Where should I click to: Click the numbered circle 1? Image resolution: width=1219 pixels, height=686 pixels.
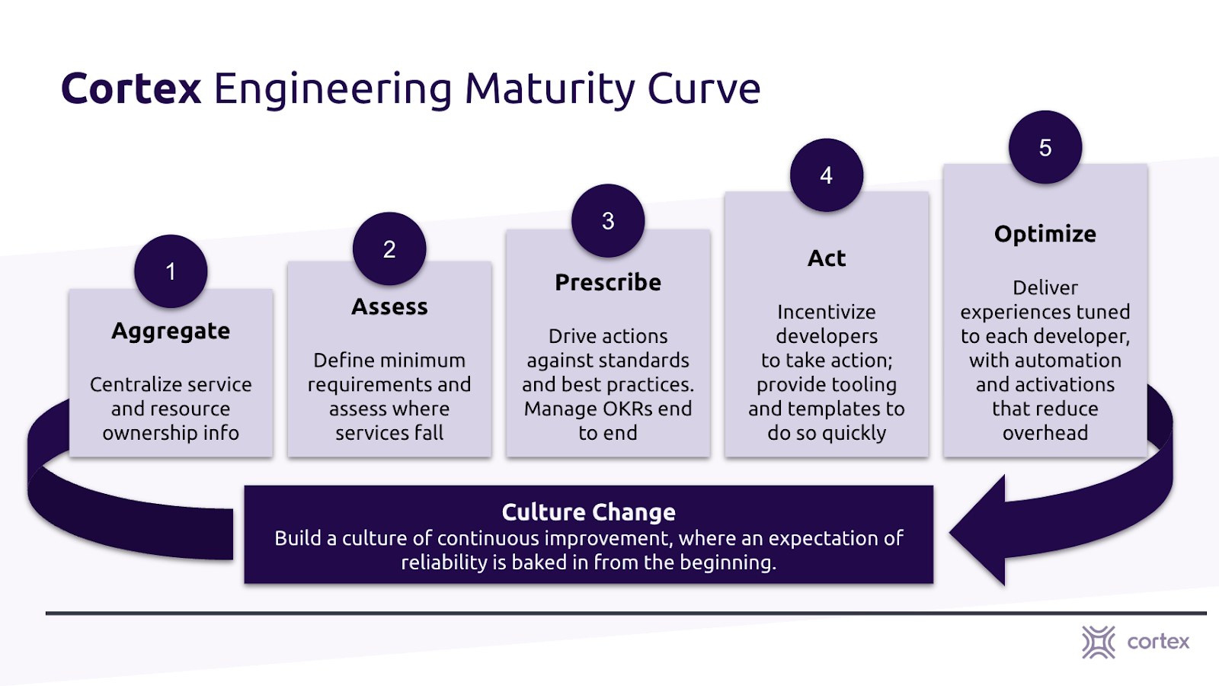pyautogui.click(x=171, y=271)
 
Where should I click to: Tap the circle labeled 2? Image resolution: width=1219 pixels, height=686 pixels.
pyautogui.click(x=389, y=248)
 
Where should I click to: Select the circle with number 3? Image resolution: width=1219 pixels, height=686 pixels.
pyautogui.click(x=608, y=220)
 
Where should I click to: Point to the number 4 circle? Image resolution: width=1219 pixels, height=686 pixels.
pyautogui.click(x=827, y=175)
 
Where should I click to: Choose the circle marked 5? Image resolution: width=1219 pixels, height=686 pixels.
pyautogui.click(x=1045, y=147)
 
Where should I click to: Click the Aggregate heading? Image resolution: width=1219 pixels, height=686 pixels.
pyautogui.click(x=171, y=331)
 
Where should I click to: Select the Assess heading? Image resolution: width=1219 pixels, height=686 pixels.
pyautogui.click(x=389, y=306)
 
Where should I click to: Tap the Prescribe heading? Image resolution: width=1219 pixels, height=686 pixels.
pyautogui.click(x=608, y=282)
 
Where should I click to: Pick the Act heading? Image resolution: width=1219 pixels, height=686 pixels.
pyautogui.click(x=827, y=258)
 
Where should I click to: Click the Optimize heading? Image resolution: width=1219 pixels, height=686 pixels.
pyautogui.click(x=1045, y=234)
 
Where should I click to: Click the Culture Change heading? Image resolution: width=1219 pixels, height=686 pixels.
pyautogui.click(x=588, y=512)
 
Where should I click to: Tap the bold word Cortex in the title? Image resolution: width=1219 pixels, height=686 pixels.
pyautogui.click(x=131, y=88)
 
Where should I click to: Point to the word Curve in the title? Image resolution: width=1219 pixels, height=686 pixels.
pyautogui.click(x=704, y=88)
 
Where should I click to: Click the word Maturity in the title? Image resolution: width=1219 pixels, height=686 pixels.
pyautogui.click(x=550, y=88)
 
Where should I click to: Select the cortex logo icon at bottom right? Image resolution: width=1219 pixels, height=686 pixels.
pyautogui.click(x=1098, y=642)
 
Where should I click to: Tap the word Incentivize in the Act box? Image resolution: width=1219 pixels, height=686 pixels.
pyautogui.click(x=827, y=312)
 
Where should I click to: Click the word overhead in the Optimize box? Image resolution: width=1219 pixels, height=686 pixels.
pyautogui.click(x=1045, y=433)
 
